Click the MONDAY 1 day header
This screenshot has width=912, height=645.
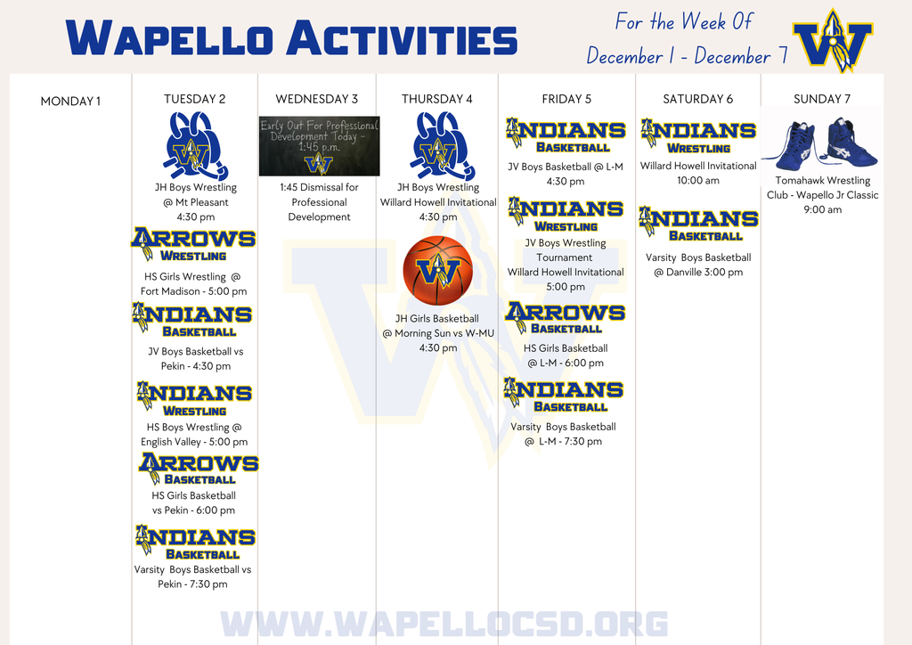pos(70,101)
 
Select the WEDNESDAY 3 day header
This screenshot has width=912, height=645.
pos(317,99)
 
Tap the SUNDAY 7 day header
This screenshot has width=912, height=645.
pos(822,99)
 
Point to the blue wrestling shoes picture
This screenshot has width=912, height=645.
pos(821,144)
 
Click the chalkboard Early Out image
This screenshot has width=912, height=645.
pos(319,145)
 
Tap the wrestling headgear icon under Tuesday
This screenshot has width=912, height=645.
pos(194,145)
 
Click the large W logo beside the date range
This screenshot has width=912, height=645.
pos(833,40)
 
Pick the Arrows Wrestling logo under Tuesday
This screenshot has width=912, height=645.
pos(193,244)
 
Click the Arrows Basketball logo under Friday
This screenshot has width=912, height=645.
pos(566,318)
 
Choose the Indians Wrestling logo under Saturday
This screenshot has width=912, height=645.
pos(698,136)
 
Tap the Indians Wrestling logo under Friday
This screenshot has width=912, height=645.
pos(566,215)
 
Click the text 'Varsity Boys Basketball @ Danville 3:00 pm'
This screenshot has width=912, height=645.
pos(698,265)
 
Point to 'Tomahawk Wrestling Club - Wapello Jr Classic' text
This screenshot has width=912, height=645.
pos(822,187)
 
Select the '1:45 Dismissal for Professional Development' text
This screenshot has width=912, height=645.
pos(319,202)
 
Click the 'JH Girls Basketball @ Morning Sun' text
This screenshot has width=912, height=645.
pos(436,325)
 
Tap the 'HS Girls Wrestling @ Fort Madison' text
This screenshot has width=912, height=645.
pos(193,283)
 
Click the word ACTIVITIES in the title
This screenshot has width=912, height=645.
pos(402,40)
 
